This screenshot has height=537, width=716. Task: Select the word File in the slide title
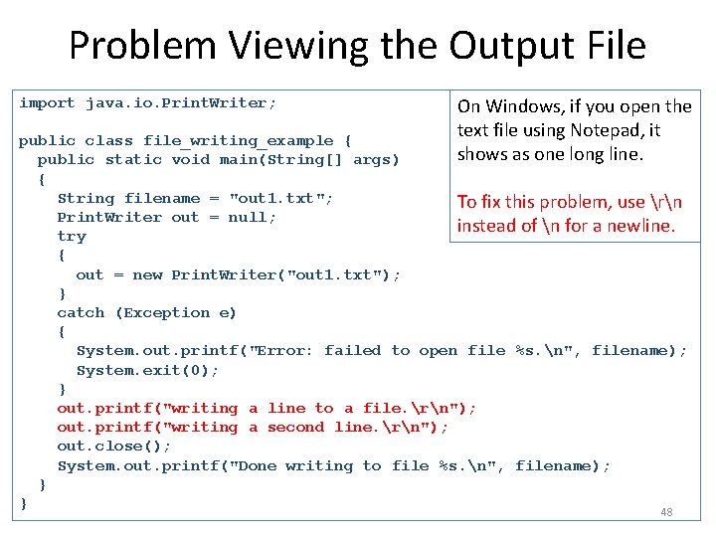coord(610,46)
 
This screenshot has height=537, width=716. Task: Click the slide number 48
coord(666,512)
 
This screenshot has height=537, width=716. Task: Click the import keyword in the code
coord(47,102)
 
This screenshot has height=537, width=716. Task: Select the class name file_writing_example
coord(239,140)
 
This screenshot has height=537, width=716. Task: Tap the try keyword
coord(72,236)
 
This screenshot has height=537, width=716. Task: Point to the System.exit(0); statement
coord(147,370)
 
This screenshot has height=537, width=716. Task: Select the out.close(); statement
coord(114,447)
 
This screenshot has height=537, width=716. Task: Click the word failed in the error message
coord(353,350)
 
